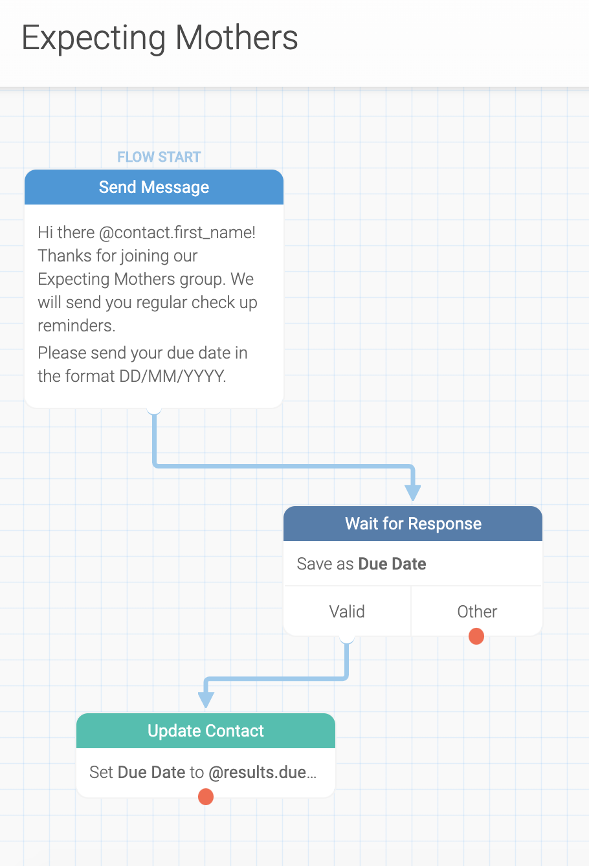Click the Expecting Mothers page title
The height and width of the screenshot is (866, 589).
coord(160,38)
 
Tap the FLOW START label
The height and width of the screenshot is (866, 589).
coord(159,157)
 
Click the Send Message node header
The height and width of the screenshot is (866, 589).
coord(154,187)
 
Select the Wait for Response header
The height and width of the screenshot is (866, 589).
coord(413,524)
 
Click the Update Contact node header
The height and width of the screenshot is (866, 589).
coord(206,731)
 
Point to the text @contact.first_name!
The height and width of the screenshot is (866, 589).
coord(177,233)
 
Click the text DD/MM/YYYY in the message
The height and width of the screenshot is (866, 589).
coord(172,376)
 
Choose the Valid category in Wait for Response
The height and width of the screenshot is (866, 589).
coord(347,612)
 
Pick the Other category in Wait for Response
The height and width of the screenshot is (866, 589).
coord(477,612)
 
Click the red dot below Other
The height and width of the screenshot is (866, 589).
coord(476,636)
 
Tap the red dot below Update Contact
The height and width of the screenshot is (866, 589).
coord(206,797)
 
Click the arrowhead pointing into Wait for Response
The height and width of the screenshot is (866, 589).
coord(413,493)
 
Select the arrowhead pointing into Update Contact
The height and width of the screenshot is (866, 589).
coord(206,700)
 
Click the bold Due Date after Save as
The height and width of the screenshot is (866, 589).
coord(392,564)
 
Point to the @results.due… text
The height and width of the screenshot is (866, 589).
coord(263,772)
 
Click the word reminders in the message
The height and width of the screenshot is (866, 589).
coord(76,326)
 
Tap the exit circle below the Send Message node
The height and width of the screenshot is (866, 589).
coord(154,408)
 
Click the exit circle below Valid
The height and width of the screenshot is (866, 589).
coord(347,637)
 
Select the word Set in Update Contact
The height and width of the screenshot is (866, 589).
coord(101,772)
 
